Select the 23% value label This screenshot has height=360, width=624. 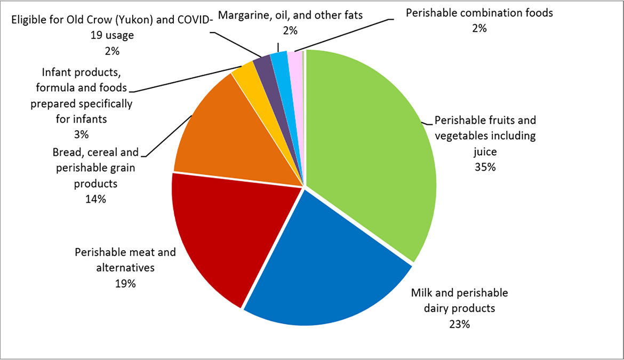(x=459, y=324)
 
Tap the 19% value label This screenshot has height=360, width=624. (x=125, y=283)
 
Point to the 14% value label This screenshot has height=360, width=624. (x=95, y=199)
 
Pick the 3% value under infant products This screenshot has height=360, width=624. (x=81, y=134)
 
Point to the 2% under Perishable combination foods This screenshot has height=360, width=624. (x=479, y=28)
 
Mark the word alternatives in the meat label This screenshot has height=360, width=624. (x=125, y=268)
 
